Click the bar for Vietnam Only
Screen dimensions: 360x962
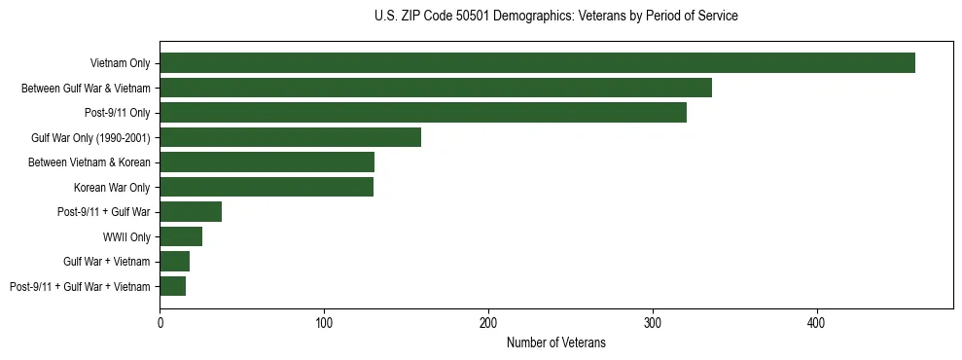pyautogui.click(x=537, y=63)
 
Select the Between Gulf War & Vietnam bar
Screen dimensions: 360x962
pyautogui.click(x=436, y=88)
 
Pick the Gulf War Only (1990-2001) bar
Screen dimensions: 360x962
pyautogui.click(x=290, y=137)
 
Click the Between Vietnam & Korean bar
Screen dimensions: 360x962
pyautogui.click(x=267, y=162)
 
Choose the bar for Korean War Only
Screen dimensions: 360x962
pyautogui.click(x=267, y=187)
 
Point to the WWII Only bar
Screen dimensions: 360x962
pyautogui.click(x=181, y=236)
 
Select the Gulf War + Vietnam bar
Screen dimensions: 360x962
pyautogui.click(x=174, y=262)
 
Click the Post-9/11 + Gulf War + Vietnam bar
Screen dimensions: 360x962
pyautogui.click(x=172, y=286)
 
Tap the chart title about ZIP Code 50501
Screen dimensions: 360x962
pyautogui.click(x=555, y=17)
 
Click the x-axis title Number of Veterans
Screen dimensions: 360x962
pyautogui.click(x=555, y=342)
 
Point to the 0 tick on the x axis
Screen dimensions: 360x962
pyautogui.click(x=160, y=322)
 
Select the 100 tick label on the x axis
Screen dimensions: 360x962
pyautogui.click(x=324, y=322)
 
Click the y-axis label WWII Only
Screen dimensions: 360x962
pyautogui.click(x=126, y=236)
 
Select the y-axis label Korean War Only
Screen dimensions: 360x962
pyautogui.click(x=112, y=187)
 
